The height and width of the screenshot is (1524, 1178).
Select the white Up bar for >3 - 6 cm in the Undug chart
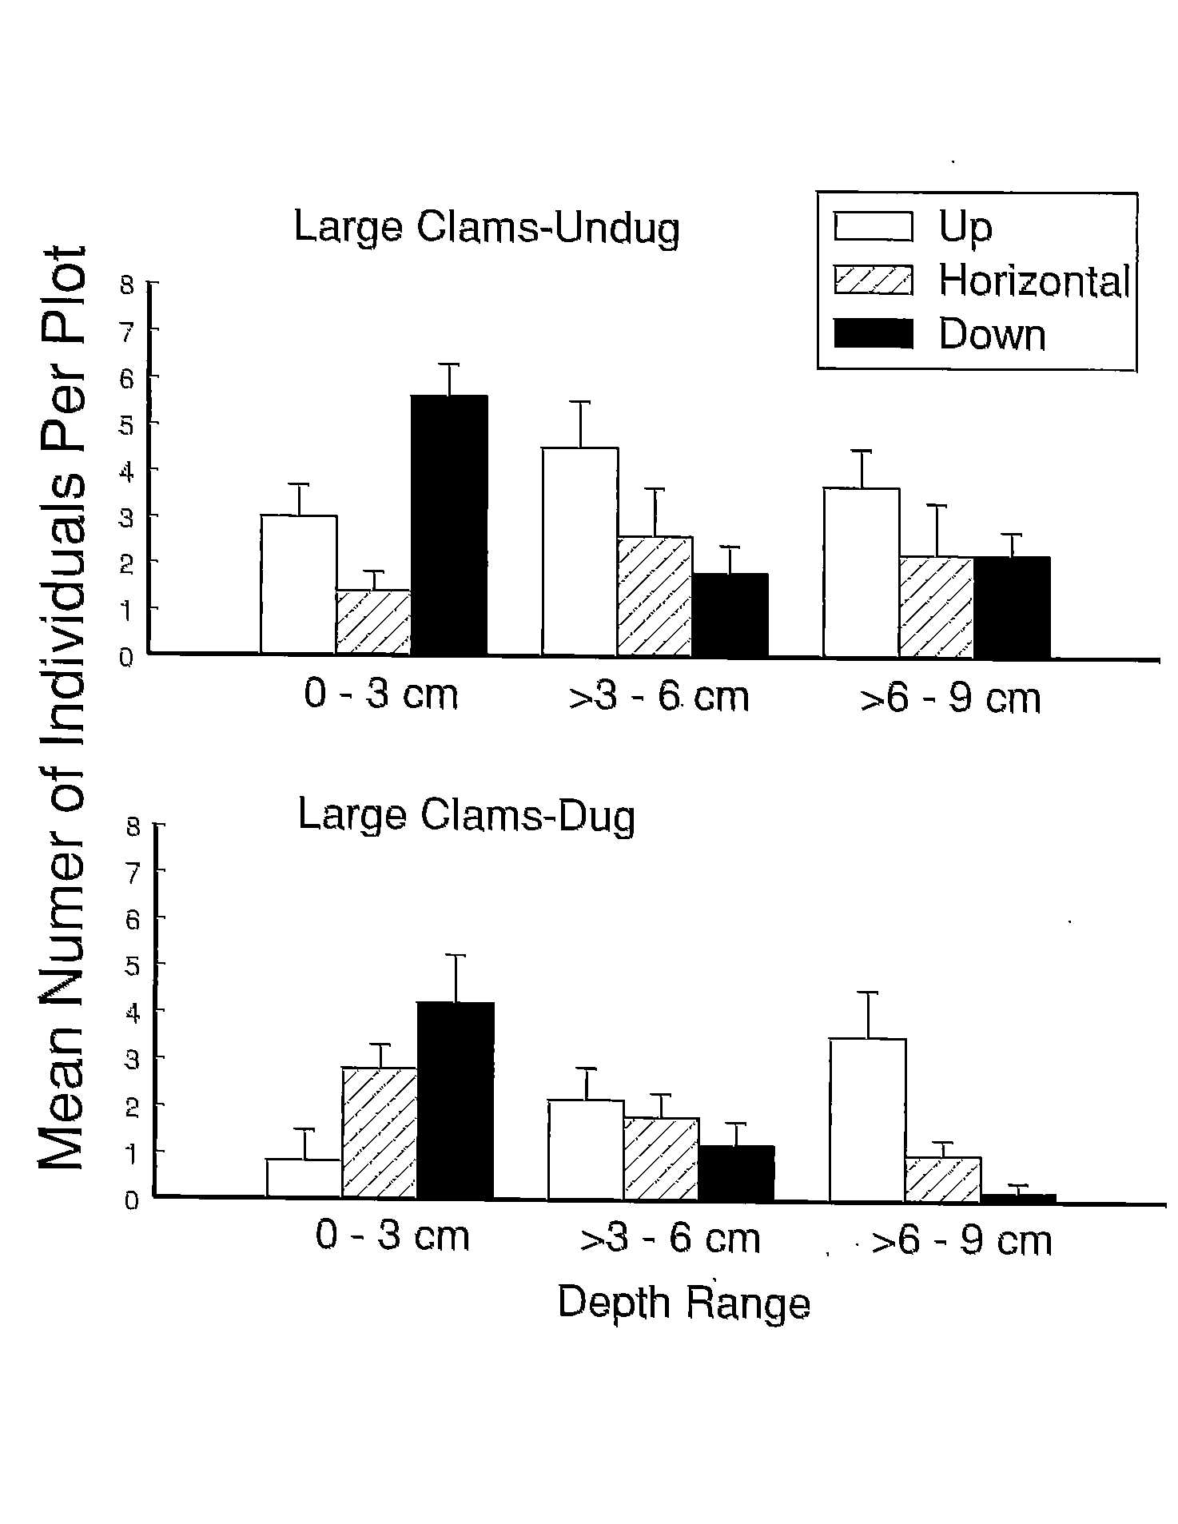click(x=579, y=551)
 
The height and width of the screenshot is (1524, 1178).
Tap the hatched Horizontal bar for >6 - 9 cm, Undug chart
click(x=936, y=607)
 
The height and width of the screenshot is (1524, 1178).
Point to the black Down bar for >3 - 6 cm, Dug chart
click(x=736, y=1172)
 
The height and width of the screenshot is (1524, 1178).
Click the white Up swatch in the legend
click(x=873, y=226)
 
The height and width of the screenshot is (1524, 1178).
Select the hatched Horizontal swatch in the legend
click(x=873, y=281)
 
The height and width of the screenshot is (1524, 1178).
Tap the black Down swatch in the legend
click(x=873, y=334)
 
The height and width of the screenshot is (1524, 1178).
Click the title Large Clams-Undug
click(x=486, y=228)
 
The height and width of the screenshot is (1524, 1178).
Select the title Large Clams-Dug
click(x=466, y=816)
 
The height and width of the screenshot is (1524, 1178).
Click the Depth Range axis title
click(x=683, y=1303)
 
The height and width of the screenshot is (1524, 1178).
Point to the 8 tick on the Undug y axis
click(x=126, y=284)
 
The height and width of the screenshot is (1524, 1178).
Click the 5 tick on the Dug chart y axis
click(x=132, y=965)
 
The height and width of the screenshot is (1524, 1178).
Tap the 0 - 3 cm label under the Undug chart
click(x=381, y=694)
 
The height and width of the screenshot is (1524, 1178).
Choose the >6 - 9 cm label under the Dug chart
click(x=961, y=1241)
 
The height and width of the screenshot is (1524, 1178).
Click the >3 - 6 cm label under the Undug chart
click(x=659, y=697)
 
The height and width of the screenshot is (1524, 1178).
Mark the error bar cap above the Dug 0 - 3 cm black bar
click(x=455, y=955)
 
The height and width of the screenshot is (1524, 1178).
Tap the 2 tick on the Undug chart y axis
click(x=126, y=562)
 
